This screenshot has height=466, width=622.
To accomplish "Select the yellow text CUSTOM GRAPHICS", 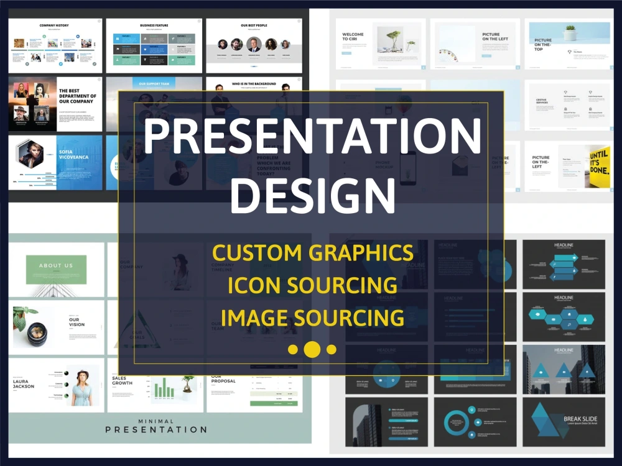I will pyautogui.click(x=312, y=253).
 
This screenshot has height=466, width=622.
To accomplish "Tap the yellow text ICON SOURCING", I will pyautogui.click(x=312, y=285).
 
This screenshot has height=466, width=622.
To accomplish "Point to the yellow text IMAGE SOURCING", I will pyautogui.click(x=312, y=318).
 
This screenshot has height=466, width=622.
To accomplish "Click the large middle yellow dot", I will pyautogui.click(x=312, y=349).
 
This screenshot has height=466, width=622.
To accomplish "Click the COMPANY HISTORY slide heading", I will pyautogui.click(x=54, y=25).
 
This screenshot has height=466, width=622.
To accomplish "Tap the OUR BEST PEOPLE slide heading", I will pyautogui.click(x=253, y=25).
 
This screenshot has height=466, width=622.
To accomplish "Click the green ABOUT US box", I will pyautogui.click(x=56, y=266).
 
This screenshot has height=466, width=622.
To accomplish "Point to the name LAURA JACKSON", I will pyautogui.click(x=24, y=383).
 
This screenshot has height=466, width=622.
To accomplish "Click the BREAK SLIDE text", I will pyautogui.click(x=580, y=419).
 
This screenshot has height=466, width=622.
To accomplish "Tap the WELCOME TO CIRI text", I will pyautogui.click(x=353, y=36).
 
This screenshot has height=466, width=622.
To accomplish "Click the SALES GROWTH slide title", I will pyautogui.click(x=123, y=380).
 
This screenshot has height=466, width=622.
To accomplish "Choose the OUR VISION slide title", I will pyautogui.click(x=77, y=322).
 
